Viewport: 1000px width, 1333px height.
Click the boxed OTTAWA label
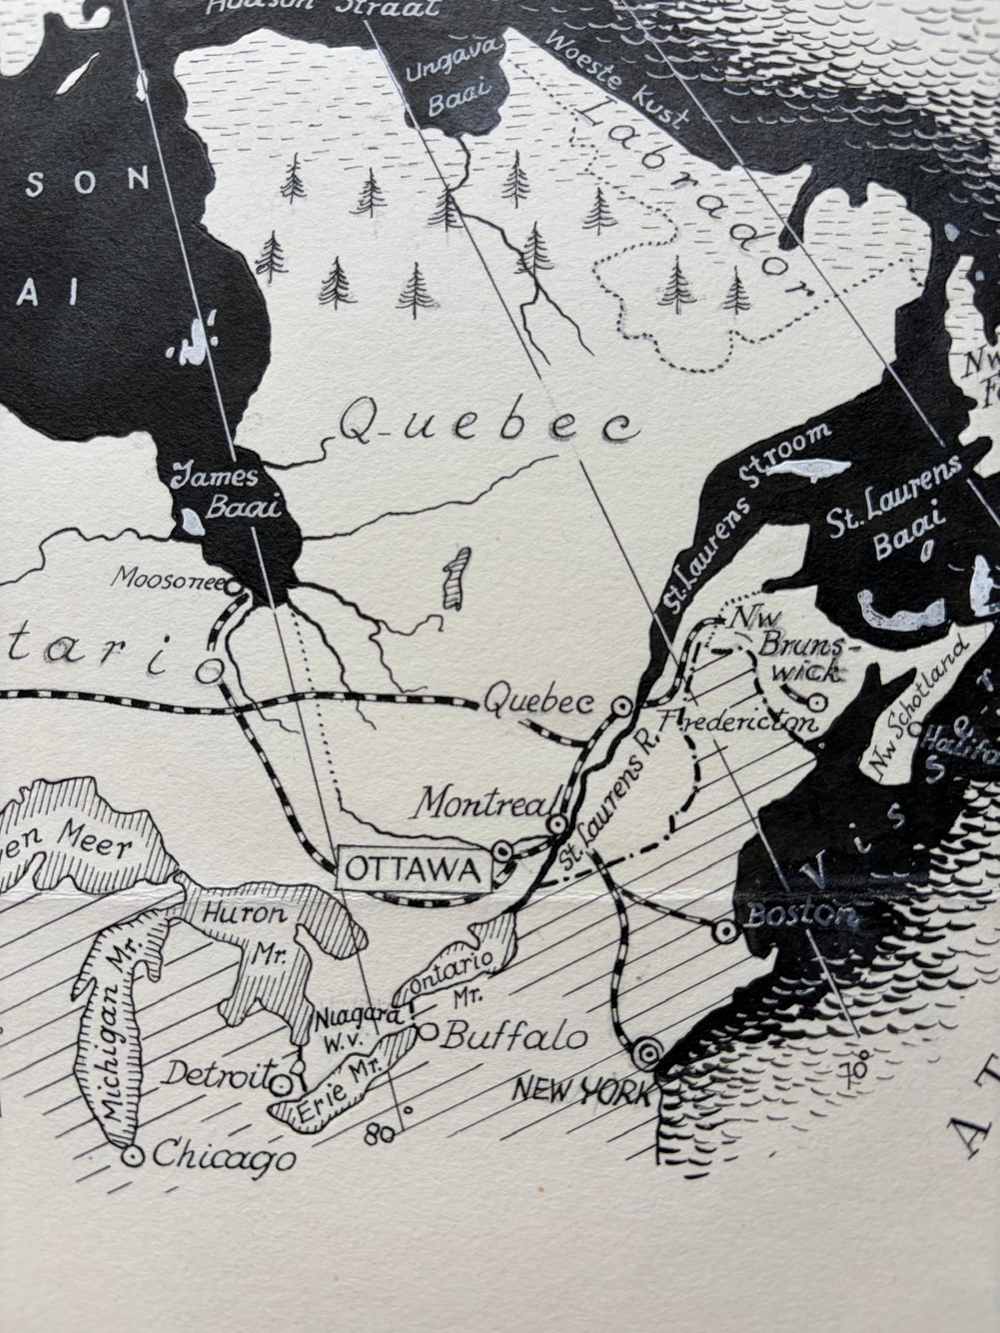tap(412, 870)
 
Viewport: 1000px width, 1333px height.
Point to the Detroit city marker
tap(282, 1083)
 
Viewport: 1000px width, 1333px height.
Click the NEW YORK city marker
tap(646, 1052)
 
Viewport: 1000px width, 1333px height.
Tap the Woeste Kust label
tap(616, 79)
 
